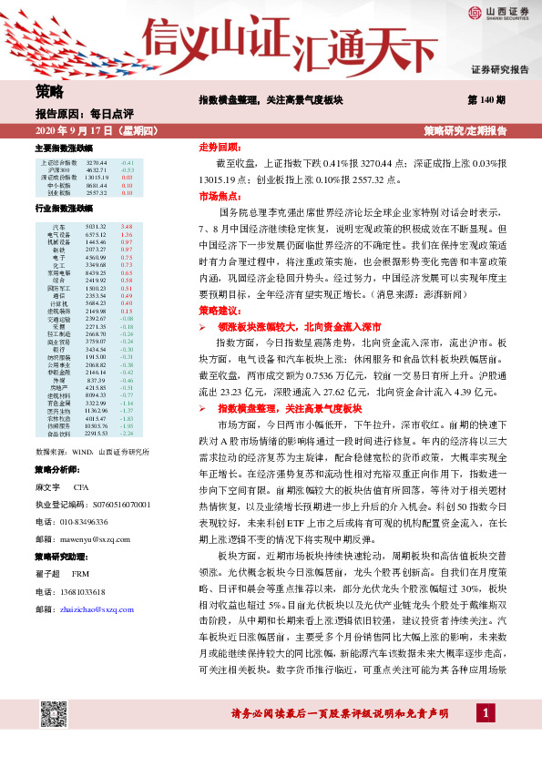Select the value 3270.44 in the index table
tap(97, 161)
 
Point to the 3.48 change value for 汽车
tap(127, 226)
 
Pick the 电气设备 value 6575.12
tap(96, 233)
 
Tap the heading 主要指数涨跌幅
tap(63, 148)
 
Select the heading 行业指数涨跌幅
tap(63, 209)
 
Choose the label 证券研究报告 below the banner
tap(499, 69)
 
